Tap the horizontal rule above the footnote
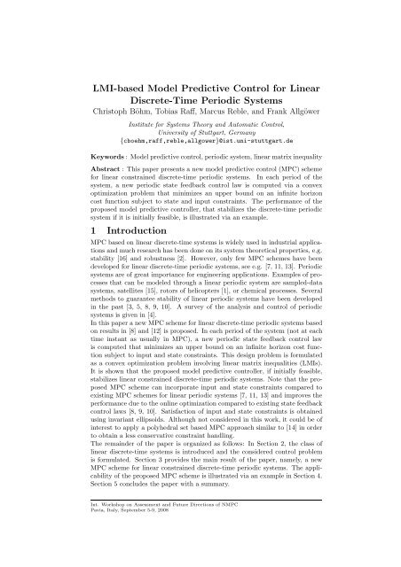pos(200,535)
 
